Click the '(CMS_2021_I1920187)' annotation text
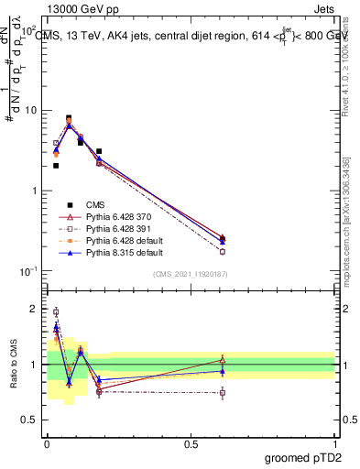pos(191,274)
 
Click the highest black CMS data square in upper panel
pos(69,118)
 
